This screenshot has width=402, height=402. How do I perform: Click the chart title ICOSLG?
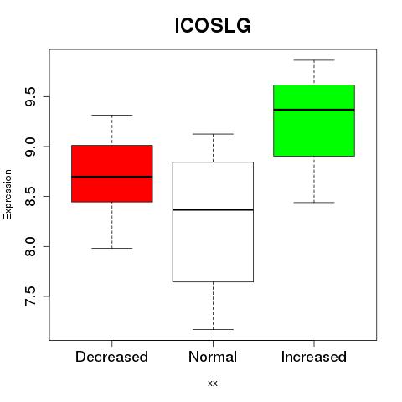tap(213, 26)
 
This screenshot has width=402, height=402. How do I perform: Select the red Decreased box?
tap(112, 173)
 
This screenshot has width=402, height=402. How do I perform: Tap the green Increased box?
tap(314, 121)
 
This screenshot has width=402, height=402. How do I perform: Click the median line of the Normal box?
tap(213, 209)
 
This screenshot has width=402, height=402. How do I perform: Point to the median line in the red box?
tap(112, 177)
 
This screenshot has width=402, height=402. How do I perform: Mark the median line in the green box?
tap(314, 110)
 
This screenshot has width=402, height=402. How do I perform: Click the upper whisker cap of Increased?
tap(314, 60)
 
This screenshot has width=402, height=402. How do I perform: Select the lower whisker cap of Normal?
tap(213, 329)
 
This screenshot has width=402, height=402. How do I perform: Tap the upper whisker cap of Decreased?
tap(112, 115)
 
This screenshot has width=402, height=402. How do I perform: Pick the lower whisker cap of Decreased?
tap(112, 248)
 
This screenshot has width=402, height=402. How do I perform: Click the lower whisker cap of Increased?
tap(314, 203)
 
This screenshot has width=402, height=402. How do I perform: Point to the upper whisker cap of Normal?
tap(213, 134)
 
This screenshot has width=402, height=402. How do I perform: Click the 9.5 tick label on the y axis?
tap(30, 96)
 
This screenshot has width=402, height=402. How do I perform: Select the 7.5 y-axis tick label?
tap(30, 296)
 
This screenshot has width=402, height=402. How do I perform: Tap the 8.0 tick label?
tap(30, 246)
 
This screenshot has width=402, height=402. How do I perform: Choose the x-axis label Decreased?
tap(111, 357)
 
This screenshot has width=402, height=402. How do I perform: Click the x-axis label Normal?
tap(213, 357)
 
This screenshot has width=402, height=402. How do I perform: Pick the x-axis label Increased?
tap(314, 357)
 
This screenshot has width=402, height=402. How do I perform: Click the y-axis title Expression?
tap(8, 194)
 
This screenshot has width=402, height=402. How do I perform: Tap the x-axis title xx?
tap(213, 384)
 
